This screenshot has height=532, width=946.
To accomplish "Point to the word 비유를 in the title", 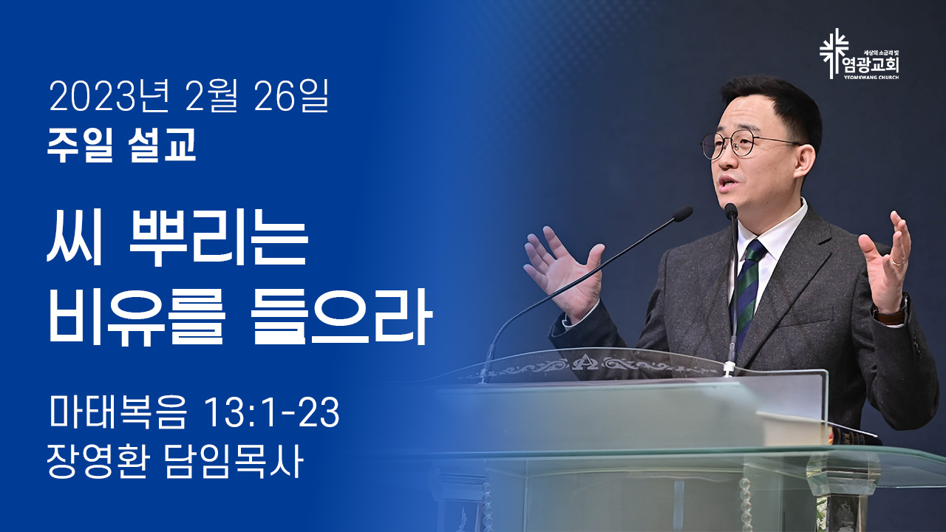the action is [136, 318].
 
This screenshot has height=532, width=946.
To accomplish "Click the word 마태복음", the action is [118, 412].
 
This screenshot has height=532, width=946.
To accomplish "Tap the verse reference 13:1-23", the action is [272, 412].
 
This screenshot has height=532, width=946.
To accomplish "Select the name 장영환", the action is [98, 462].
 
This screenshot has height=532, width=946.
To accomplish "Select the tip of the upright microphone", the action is [731, 211].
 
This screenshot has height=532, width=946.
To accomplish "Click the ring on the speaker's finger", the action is [898, 262].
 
